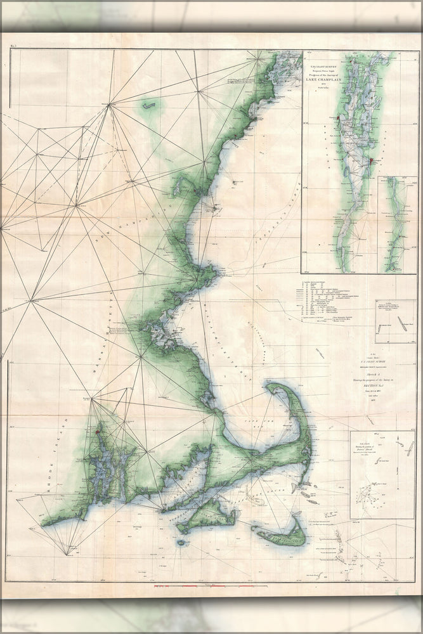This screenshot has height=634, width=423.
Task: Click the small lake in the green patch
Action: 149,107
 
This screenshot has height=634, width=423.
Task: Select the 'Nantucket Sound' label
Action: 266,487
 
